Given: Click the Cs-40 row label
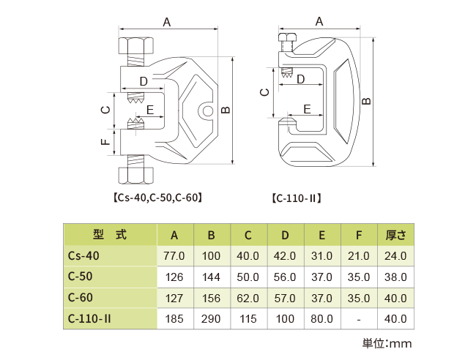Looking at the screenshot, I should [83, 256].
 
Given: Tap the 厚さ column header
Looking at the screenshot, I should [395, 235].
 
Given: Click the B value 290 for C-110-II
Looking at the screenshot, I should [211, 319].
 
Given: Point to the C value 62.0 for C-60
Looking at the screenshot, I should [248, 298].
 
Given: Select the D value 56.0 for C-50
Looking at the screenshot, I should [285, 277].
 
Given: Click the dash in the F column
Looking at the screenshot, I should [359, 319].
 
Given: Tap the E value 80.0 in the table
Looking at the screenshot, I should [321, 319].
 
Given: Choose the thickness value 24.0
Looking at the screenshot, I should [395, 256].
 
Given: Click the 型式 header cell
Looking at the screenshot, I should [110, 235].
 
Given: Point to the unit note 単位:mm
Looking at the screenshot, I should [387, 342].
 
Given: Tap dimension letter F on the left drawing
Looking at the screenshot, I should [105, 140].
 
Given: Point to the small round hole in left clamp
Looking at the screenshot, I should [208, 111].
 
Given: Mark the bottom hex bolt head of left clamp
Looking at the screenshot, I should [135, 175].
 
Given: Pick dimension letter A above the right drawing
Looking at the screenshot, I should [319, 22].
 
